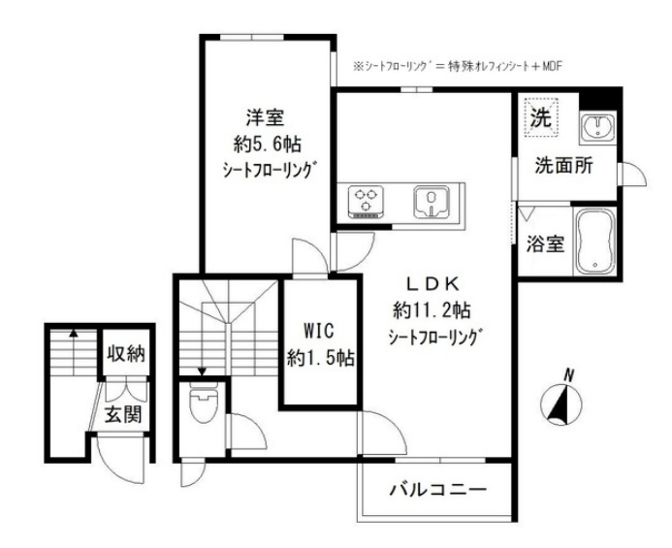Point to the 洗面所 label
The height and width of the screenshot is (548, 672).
(563, 166)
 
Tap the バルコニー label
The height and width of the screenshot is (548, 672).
(436, 487)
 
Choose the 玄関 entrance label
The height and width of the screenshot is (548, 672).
(123, 418)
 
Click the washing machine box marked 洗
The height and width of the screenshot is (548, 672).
(538, 119)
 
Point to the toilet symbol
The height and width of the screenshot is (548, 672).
(201, 404)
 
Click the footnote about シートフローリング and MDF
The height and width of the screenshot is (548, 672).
(459, 66)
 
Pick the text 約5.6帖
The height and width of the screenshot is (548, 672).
(262, 143)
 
